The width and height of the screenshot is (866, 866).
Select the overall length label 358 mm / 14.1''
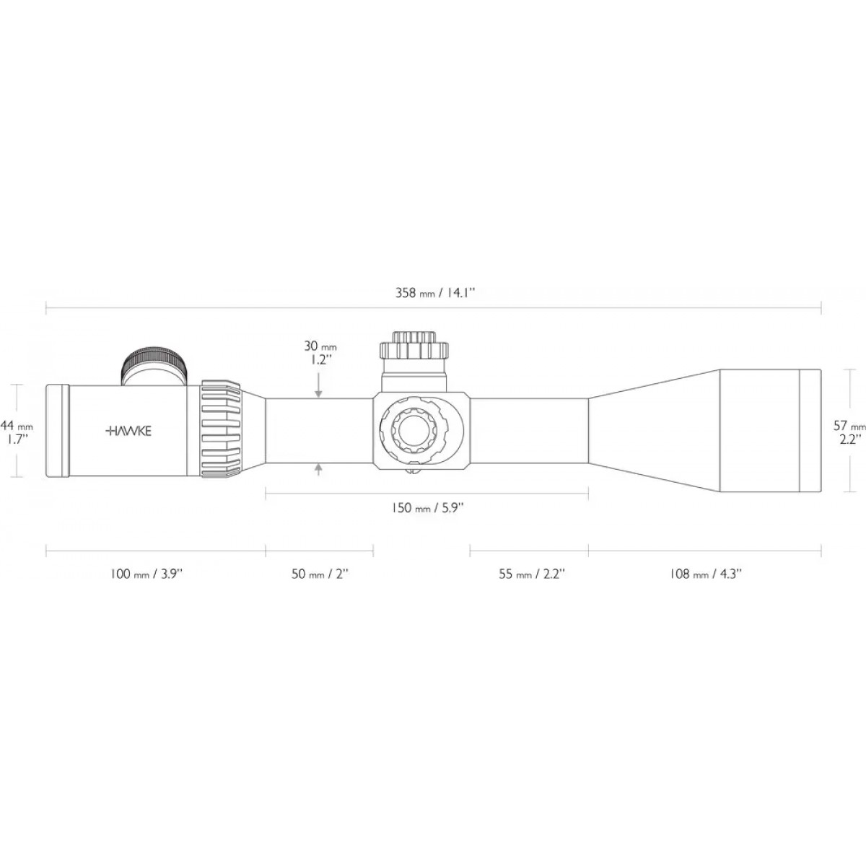(x=435, y=293)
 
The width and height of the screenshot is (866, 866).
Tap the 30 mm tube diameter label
(x=320, y=353)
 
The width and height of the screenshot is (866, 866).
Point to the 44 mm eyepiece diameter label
(x=17, y=432)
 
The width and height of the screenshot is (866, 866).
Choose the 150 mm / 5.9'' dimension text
(x=427, y=508)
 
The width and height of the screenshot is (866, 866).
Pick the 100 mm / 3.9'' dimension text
(x=146, y=574)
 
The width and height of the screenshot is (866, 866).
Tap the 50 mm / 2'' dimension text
(x=320, y=574)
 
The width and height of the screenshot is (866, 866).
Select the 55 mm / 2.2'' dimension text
(x=531, y=574)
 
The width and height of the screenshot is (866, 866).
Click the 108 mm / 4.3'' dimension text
(x=706, y=574)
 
